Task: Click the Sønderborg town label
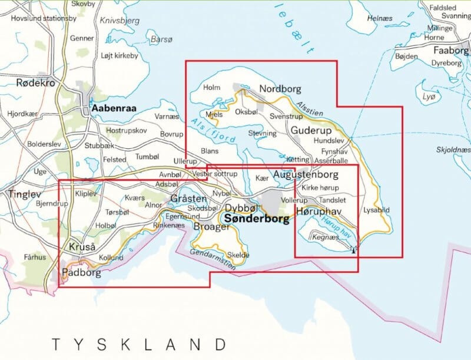pyautogui.click(x=257, y=219)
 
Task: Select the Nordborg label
pyautogui.click(x=280, y=89)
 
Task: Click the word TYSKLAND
pyautogui.click(x=139, y=344)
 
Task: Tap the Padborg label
pyautogui.click(x=81, y=272)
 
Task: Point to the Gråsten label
pyautogui.click(x=188, y=199)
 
